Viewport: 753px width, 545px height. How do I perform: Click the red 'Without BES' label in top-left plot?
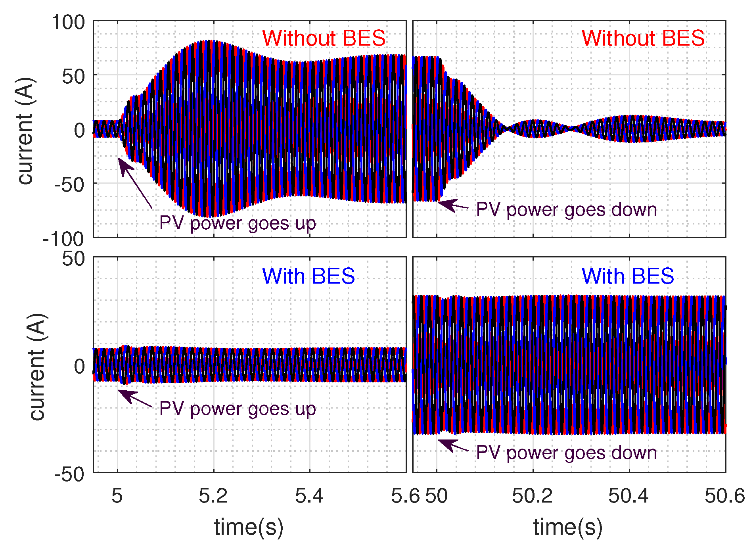click(324, 38)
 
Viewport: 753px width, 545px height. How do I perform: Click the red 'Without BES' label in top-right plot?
click(643, 38)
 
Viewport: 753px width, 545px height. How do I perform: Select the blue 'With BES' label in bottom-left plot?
click(308, 276)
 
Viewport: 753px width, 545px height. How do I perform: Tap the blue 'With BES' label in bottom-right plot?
click(628, 276)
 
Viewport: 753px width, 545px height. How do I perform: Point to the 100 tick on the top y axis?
click(68, 22)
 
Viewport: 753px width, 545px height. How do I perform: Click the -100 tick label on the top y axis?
click(63, 239)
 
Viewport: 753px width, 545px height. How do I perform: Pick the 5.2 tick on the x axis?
click(213, 496)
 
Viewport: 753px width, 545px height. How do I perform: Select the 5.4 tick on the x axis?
click(309, 496)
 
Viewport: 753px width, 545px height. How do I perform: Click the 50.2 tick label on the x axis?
click(532, 496)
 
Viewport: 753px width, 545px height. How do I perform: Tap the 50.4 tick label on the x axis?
click(628, 496)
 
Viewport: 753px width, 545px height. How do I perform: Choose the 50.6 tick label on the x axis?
click(724, 496)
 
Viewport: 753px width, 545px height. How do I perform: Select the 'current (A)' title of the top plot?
click(26, 131)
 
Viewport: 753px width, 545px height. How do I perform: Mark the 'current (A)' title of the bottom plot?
click(38, 367)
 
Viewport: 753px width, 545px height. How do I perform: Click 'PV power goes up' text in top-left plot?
click(238, 223)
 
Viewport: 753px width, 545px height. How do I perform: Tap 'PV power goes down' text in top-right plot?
click(566, 210)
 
